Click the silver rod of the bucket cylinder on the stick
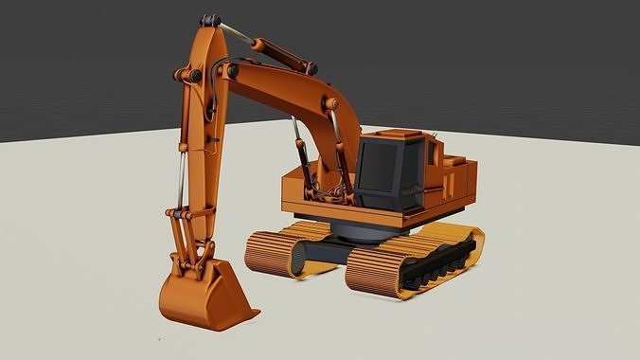[179, 180]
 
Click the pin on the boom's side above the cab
[330, 102]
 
